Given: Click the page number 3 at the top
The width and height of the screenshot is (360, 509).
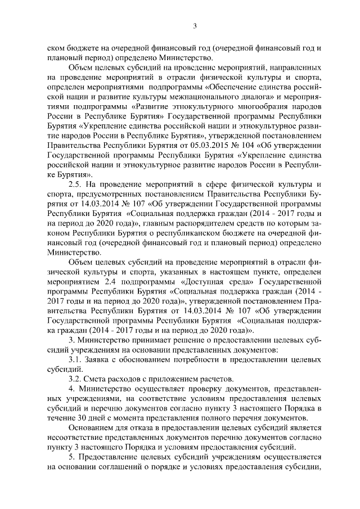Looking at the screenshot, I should tap(194, 25).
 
